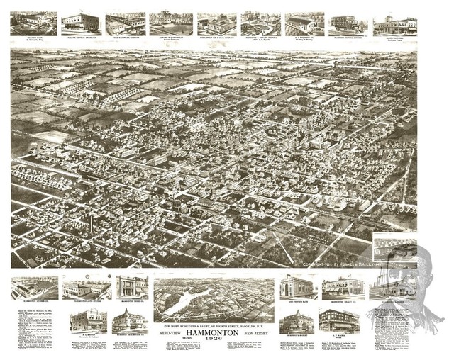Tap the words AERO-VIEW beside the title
tap(174, 332)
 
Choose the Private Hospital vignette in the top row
tap(260, 23)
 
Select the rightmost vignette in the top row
tap(395, 24)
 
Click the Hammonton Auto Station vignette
tap(87, 288)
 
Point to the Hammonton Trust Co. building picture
tap(132, 287)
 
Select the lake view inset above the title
tap(214, 298)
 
